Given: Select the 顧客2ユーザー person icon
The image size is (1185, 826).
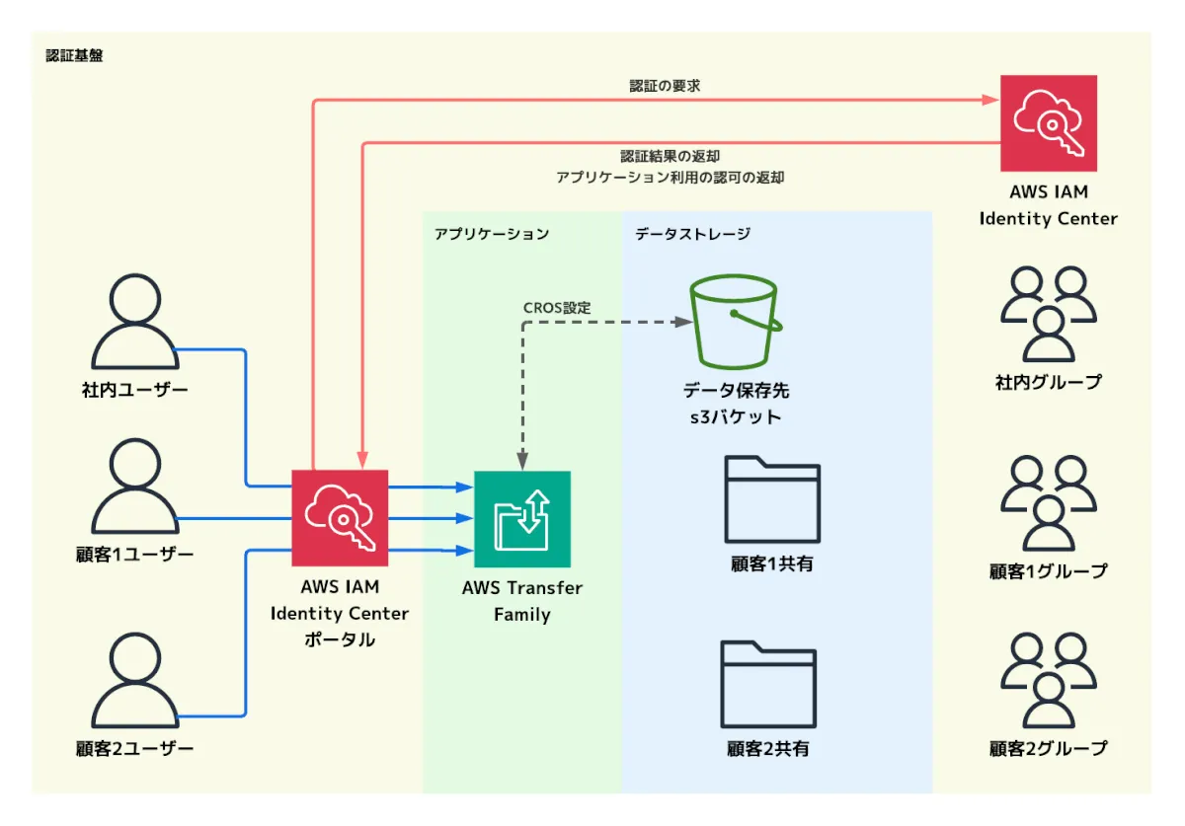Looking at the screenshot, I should (x=134, y=681).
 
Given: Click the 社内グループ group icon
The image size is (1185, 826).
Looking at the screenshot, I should (x=1048, y=314).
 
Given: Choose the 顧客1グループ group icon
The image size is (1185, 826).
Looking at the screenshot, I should (x=1048, y=502).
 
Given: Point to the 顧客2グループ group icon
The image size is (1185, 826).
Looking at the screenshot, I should (x=1048, y=681).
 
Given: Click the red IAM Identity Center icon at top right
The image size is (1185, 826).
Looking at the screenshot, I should (x=1048, y=123).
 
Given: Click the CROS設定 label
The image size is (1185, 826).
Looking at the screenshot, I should (x=557, y=308).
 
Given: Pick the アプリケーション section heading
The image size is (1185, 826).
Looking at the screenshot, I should (x=491, y=235).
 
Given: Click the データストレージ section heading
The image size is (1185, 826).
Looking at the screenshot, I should (x=692, y=235).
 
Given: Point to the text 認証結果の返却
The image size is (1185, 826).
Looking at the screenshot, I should (x=670, y=156).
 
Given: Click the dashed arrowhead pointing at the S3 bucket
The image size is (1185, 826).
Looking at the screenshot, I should (x=681, y=322).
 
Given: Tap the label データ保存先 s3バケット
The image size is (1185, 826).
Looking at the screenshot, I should (x=736, y=404).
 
